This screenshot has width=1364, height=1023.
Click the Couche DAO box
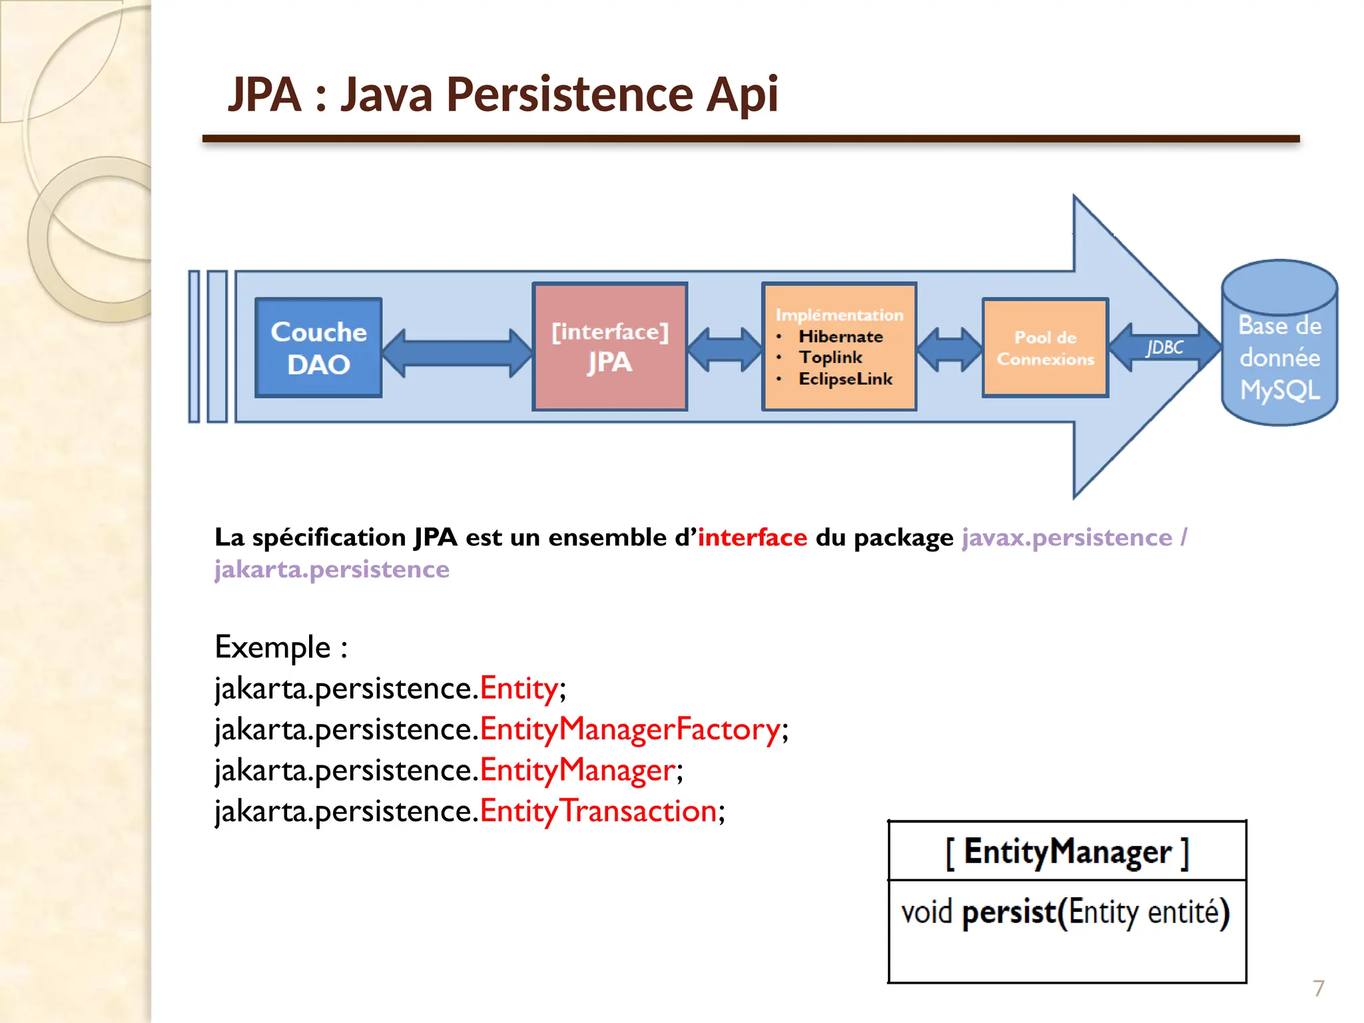click(318, 348)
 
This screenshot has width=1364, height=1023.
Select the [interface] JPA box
click(609, 346)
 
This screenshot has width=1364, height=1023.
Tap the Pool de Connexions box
click(1045, 348)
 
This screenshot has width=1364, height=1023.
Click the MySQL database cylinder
click(1279, 343)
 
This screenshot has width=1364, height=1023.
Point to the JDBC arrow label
click(1164, 348)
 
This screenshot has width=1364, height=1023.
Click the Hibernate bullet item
click(841, 336)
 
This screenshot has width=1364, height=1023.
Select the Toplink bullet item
click(831, 358)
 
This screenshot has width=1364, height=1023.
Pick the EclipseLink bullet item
click(845, 379)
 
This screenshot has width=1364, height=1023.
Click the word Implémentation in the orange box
click(839, 314)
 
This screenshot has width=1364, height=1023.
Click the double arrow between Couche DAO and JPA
click(457, 353)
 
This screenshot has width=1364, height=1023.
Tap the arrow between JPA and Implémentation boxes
click(725, 350)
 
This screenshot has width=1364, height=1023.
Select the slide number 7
click(1318, 988)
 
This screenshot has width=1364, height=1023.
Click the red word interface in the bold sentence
click(752, 537)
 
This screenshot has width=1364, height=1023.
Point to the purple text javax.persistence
click(1066, 537)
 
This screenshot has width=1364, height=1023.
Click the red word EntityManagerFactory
click(629, 729)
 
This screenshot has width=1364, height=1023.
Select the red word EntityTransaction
click(597, 811)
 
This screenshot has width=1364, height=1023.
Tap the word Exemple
click(273, 647)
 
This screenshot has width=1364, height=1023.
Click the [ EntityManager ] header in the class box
click(1067, 852)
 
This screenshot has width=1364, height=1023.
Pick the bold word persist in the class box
click(1009, 912)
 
